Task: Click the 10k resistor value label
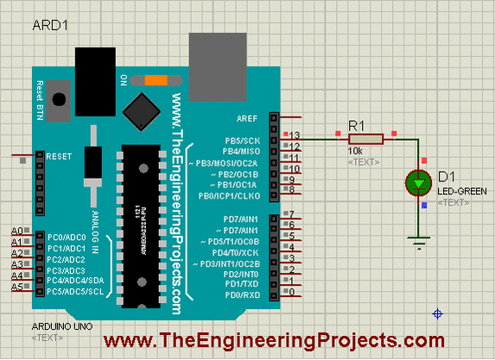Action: (355, 151)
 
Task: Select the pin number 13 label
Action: (295, 136)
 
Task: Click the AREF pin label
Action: (245, 117)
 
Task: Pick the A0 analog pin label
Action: (16, 231)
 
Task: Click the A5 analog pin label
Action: (16, 286)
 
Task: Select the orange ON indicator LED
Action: (156, 80)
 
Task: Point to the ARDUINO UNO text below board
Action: (60, 328)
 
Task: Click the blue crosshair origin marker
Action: (438, 313)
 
